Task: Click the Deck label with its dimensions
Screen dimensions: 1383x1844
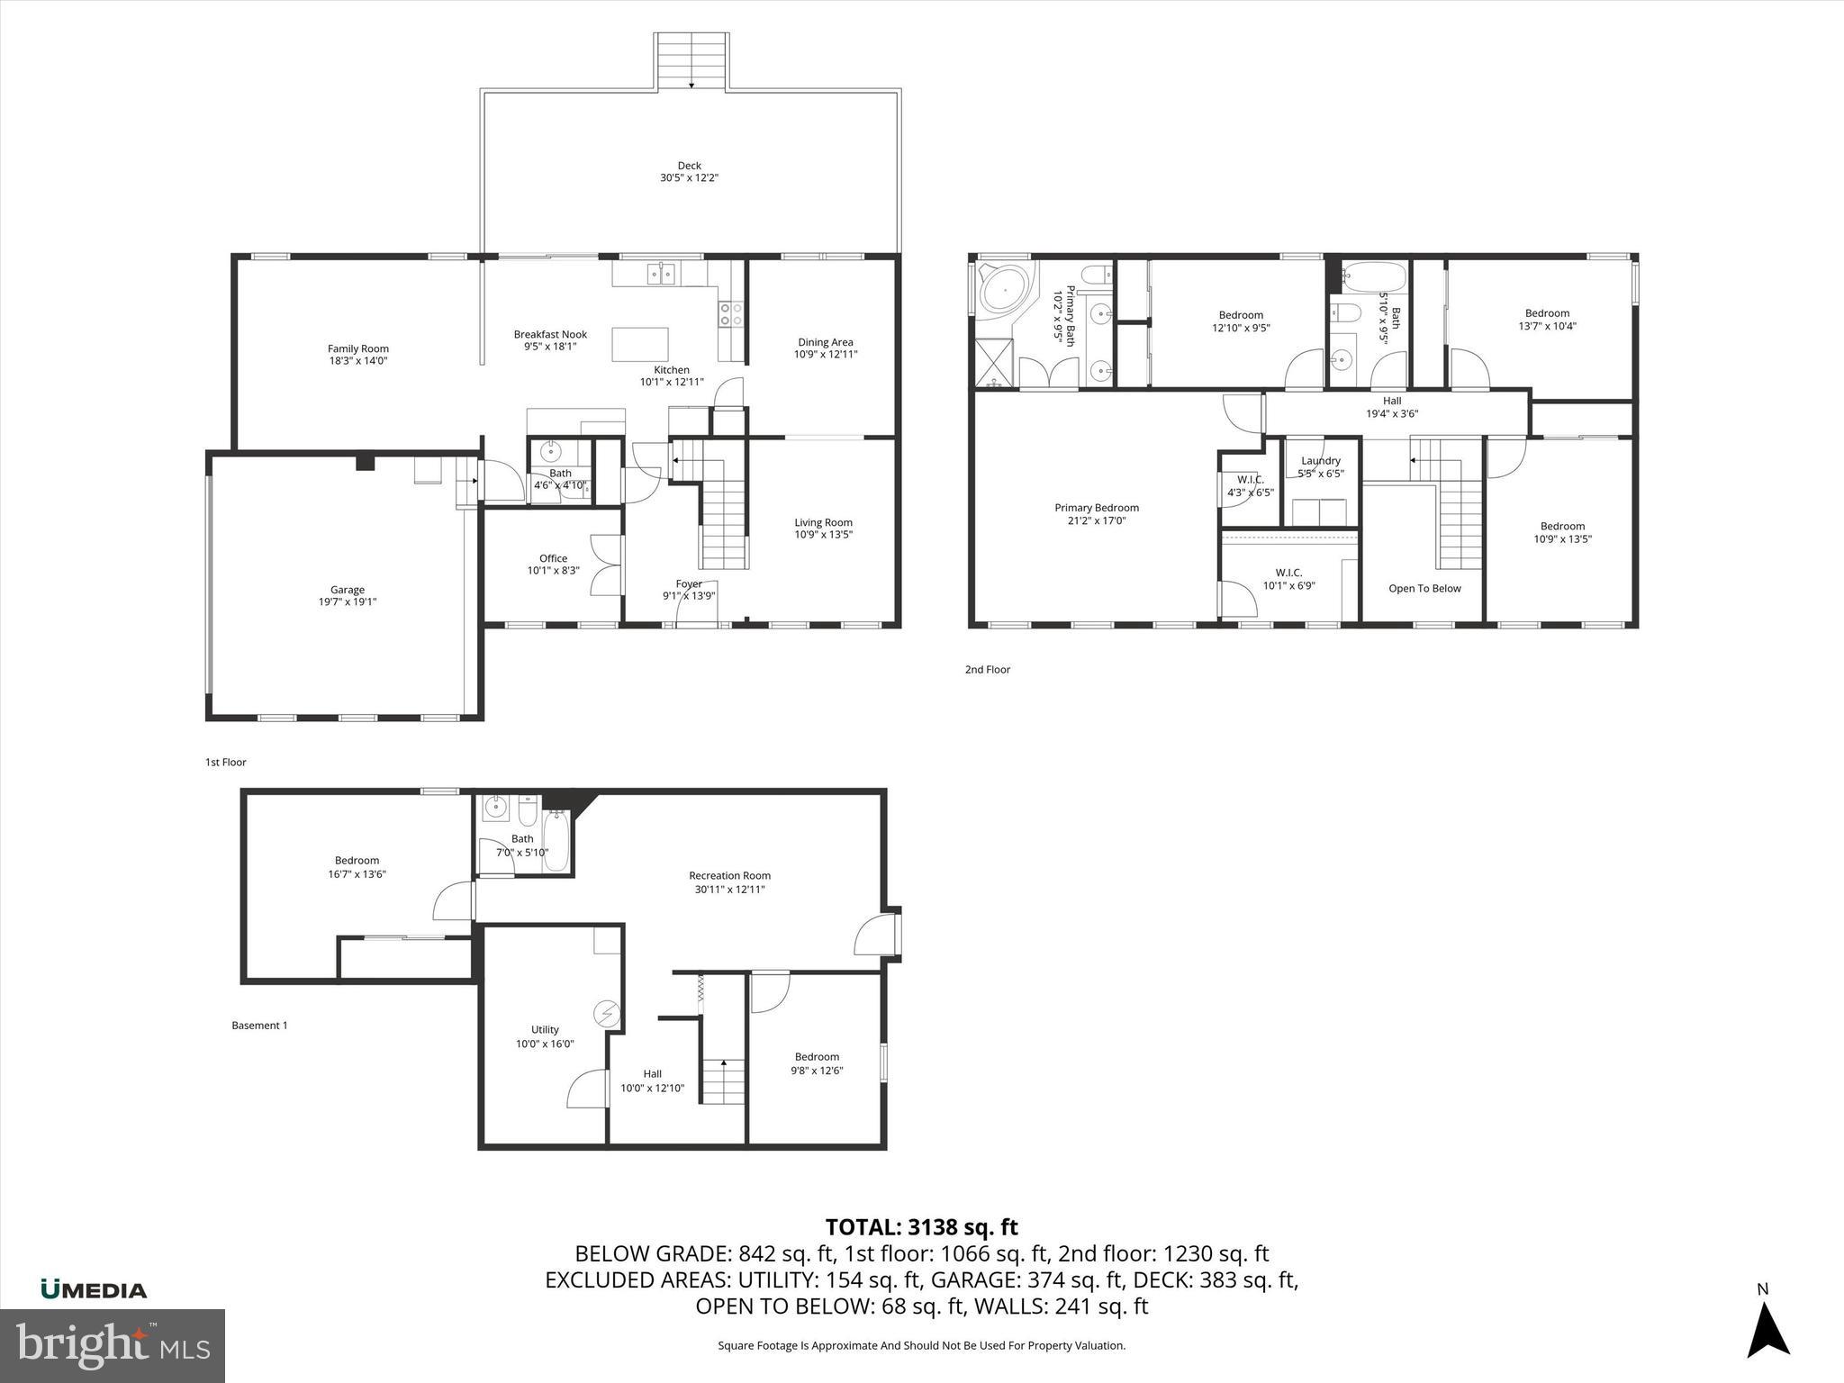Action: (689, 172)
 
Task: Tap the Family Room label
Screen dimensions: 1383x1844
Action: (357, 354)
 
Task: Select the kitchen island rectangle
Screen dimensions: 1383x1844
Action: (640, 344)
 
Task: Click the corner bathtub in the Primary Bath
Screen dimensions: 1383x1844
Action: (1004, 290)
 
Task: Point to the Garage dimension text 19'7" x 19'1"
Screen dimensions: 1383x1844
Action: (347, 602)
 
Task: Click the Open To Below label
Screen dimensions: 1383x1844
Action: (1424, 588)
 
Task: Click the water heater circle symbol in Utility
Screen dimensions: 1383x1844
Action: (606, 1013)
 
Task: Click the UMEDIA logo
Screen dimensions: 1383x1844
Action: (94, 1289)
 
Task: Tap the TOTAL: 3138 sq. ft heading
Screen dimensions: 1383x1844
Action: (921, 1226)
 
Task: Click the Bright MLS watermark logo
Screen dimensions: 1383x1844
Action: (113, 1345)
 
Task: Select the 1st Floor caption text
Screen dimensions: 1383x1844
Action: (225, 762)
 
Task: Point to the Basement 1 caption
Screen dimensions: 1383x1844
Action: (259, 1025)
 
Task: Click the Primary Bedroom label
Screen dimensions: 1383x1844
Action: (1096, 513)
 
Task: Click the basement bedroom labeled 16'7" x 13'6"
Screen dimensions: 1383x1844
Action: (357, 866)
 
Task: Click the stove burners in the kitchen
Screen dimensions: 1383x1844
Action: (730, 314)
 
